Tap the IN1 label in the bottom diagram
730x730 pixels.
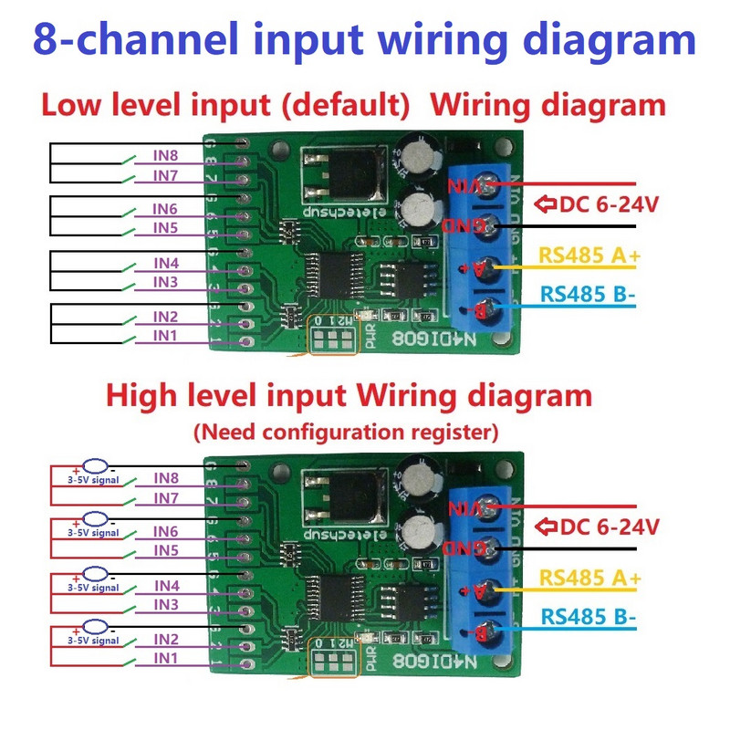pyautogui.click(x=166, y=657)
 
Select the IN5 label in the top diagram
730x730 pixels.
pyautogui.click(x=166, y=226)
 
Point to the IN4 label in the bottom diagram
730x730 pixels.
pyautogui.click(x=166, y=586)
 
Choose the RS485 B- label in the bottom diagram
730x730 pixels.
pyautogui.click(x=588, y=616)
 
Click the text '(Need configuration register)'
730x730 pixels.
pyautogui.click(x=345, y=431)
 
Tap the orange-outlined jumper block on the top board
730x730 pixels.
pyautogui.click(x=333, y=337)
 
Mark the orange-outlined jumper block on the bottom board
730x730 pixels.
pyautogui.click(x=333, y=659)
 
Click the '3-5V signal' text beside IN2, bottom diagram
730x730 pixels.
pyautogui.click(x=93, y=641)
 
